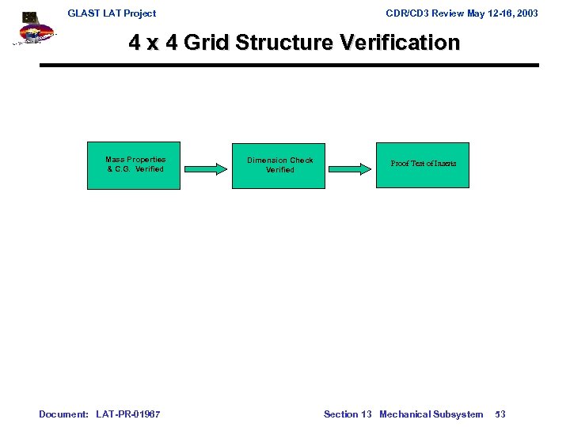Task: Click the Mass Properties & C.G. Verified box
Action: [x=135, y=165]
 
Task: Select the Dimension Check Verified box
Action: [x=279, y=165]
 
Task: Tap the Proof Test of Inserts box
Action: [x=423, y=164]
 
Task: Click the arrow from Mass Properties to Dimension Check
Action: [x=206, y=167]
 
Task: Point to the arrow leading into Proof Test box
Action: [x=351, y=167]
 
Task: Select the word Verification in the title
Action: [x=399, y=43]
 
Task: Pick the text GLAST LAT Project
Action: [x=112, y=13]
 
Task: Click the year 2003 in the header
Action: [x=525, y=13]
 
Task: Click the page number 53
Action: [x=500, y=414]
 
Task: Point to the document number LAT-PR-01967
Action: [x=128, y=414]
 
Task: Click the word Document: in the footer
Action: [x=64, y=414]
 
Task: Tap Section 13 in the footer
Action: [x=348, y=414]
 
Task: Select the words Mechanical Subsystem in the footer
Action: [x=431, y=414]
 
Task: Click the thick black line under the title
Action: [x=289, y=65]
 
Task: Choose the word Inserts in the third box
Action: [x=443, y=164]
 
